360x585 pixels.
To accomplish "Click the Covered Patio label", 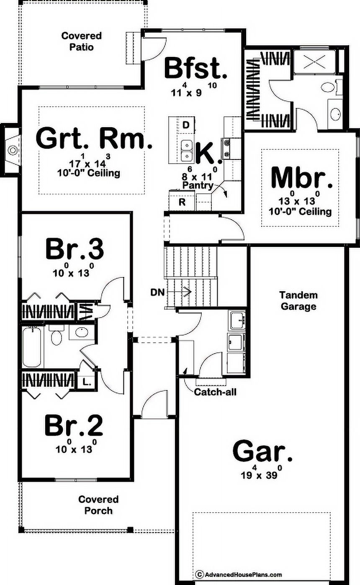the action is coord(82,41).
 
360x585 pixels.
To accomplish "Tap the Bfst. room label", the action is coord(195,69).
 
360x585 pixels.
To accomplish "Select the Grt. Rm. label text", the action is coord(94,139).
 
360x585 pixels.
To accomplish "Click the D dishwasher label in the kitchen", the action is coord(186,125).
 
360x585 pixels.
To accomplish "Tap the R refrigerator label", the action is coord(182,202).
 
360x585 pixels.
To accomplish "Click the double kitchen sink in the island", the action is coord(187,150).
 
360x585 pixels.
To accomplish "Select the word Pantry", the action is coord(198,185).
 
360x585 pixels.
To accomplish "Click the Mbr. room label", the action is coord(302,177).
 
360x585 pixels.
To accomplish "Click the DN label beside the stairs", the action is coord(157,292).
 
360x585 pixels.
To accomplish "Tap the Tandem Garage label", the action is coord(298,300).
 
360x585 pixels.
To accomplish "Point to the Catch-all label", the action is coord(215,392).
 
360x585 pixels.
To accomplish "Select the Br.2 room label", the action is coord(74,426).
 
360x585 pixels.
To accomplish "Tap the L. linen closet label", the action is coord(87,382).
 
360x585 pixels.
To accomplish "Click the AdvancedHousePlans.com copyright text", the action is coord(239,572).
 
